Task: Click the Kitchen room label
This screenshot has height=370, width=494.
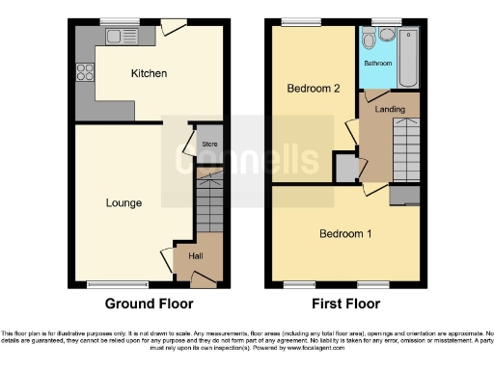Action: click(150, 73)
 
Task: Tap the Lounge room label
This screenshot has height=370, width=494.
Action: click(124, 203)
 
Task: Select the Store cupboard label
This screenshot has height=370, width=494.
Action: click(208, 145)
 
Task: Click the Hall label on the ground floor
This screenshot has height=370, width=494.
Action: click(196, 256)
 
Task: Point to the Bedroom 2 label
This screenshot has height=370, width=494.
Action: click(314, 88)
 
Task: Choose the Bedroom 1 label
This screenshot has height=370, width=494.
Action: click(344, 234)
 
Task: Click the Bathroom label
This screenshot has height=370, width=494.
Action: click(377, 64)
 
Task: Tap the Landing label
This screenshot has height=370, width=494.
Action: click(390, 109)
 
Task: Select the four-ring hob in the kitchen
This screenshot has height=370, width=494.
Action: click(84, 71)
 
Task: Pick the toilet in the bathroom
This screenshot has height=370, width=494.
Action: click(386, 35)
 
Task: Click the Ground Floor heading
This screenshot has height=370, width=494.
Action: click(150, 303)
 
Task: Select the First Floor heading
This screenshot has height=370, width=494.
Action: click(344, 303)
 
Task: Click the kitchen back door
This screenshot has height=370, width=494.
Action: click(175, 29)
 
